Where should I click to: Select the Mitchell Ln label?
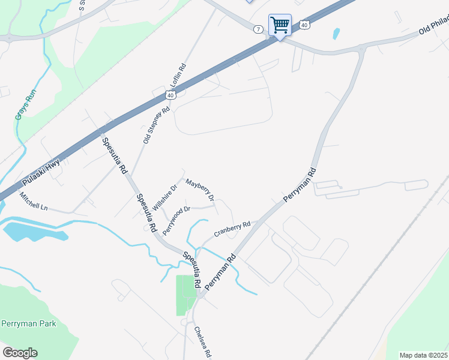click(33, 201)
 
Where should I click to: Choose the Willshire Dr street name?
click(164, 196)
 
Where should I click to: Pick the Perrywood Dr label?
click(176, 219)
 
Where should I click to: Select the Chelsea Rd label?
click(202, 342)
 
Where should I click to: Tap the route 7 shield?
click(258, 29)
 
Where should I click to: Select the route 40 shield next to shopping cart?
click(304, 25)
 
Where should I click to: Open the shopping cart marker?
click(280, 25)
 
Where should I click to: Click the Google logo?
click(20, 353)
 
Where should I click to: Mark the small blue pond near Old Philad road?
click(336, 34)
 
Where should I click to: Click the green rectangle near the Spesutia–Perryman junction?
click(186, 295)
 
